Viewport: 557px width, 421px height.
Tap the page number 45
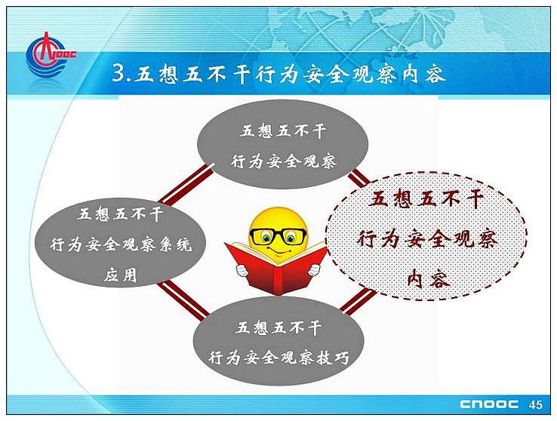click(x=535, y=404)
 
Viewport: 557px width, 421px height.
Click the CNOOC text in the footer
click(x=489, y=404)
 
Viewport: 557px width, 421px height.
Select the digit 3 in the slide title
click(x=118, y=73)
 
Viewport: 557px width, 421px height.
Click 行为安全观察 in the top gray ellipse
click(x=283, y=162)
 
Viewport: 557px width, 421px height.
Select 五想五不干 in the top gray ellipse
click(x=283, y=131)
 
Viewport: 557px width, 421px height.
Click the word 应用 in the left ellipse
click(x=121, y=275)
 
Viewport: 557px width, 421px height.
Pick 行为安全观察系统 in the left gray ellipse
click(x=121, y=244)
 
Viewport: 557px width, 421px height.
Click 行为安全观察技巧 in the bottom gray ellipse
click(x=278, y=358)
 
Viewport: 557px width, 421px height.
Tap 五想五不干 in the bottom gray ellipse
click(x=278, y=327)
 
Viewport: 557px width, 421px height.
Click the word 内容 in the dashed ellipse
click(x=429, y=278)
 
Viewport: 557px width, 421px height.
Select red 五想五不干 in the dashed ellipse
click(x=426, y=198)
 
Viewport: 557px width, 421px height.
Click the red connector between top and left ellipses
click(x=186, y=185)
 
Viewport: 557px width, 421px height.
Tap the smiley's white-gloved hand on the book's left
click(x=242, y=271)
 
